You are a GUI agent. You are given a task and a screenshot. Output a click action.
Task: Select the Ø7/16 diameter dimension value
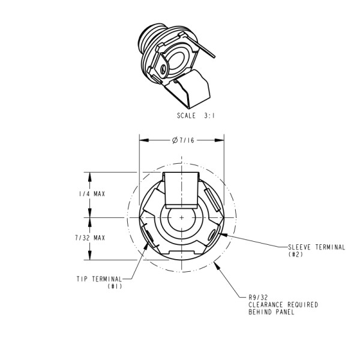point(181,140)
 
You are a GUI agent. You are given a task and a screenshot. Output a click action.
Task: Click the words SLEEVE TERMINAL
point(316,247)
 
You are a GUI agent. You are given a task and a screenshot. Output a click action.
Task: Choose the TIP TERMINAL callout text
point(99,279)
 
